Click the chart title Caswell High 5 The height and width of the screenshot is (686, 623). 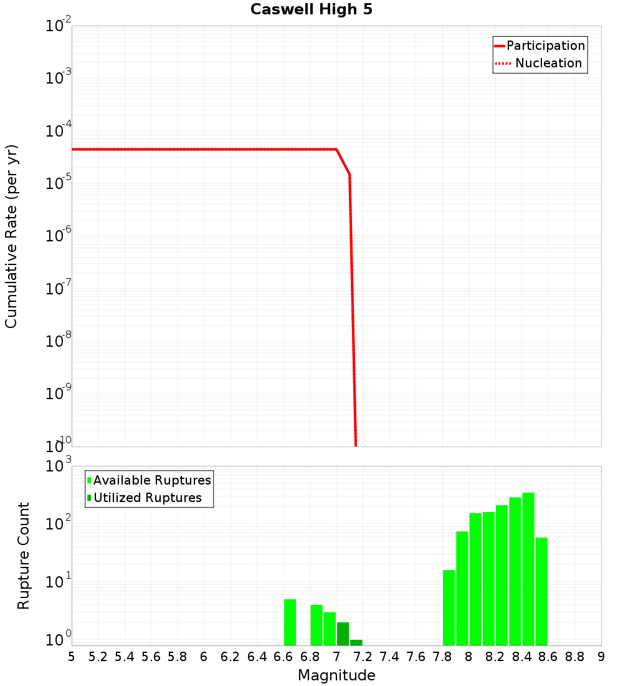coord(311,10)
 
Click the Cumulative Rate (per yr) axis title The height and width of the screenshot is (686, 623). coord(11,236)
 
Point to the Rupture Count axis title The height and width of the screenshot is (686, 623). coord(24,556)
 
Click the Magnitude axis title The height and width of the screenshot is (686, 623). coord(336,675)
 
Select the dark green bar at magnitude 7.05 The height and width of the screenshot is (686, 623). coord(343,634)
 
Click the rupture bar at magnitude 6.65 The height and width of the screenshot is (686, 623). coord(290,622)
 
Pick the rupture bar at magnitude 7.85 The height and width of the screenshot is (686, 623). coord(449,607)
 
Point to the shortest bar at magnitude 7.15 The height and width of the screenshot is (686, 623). coord(356,642)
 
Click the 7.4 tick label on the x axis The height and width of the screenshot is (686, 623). coord(389,657)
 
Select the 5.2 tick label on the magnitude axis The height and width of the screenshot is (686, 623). coord(98,657)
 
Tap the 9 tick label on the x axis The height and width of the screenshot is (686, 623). coord(601,657)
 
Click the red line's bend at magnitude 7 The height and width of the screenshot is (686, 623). coord(336,150)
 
